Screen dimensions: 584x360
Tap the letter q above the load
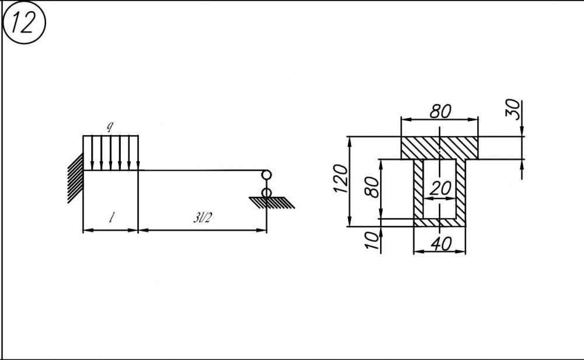[x=110, y=126]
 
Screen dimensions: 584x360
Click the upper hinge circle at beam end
[x=266, y=174]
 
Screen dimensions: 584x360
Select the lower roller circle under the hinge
[x=266, y=192]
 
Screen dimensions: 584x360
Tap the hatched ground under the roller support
[x=272, y=202]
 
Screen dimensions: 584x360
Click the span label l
[x=111, y=219]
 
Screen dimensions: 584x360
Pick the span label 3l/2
[x=202, y=219]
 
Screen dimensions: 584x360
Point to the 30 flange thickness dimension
[x=513, y=109]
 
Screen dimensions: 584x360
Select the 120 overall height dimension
[x=342, y=179]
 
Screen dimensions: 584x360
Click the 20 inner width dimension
[x=440, y=188]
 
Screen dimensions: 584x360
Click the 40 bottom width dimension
[x=439, y=244]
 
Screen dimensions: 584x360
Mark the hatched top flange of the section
[x=439, y=147]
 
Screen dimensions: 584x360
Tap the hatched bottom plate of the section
[x=439, y=222]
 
